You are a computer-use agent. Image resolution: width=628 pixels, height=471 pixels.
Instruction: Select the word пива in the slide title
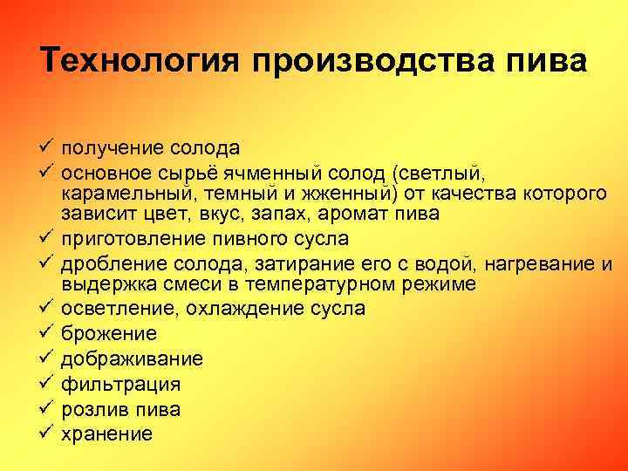click(x=553, y=62)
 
